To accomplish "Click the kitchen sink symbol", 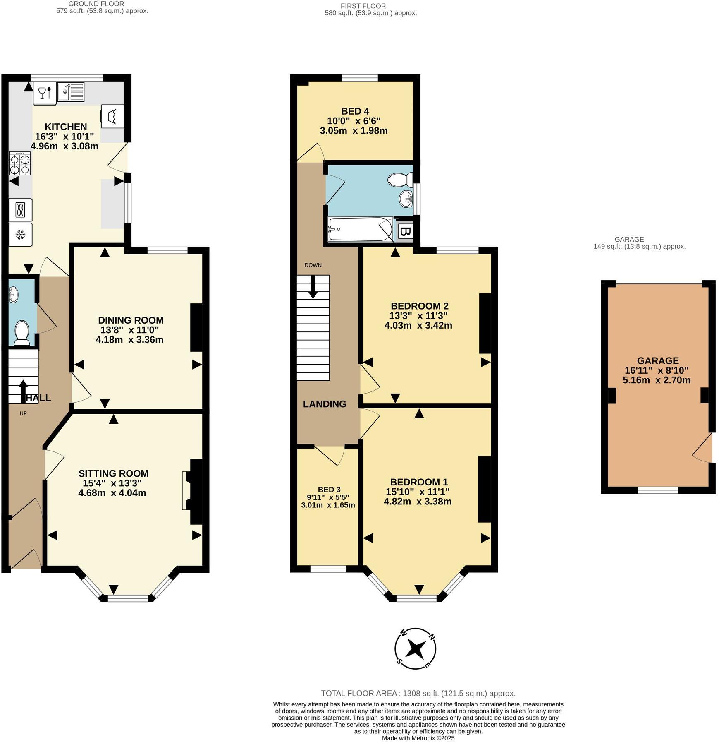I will point(71,92).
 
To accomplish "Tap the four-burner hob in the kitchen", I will point(20,164).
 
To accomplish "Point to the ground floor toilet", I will point(21,333).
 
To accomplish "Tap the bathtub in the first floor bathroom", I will point(360,229).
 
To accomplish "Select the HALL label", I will point(38,398).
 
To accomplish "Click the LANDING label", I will point(325,404).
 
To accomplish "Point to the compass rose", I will point(415,648).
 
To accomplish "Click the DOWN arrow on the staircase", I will point(313,286).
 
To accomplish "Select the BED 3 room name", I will point(329,490).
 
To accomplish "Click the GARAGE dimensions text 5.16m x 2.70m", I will point(657,380).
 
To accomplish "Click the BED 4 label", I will point(355,111).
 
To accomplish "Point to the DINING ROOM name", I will point(131,320).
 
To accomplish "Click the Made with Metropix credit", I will point(418,738).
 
